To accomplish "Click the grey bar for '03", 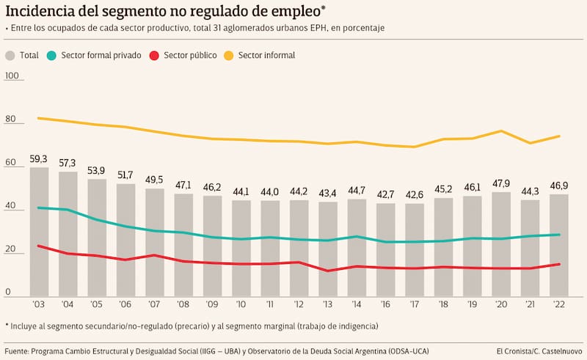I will pyautogui.click(x=39, y=231).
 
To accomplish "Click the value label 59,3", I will pyautogui.click(x=39, y=158).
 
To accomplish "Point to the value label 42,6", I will pyautogui.click(x=415, y=194).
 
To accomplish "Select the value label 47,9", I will pyautogui.click(x=501, y=183).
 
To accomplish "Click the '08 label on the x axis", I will pyautogui.click(x=183, y=303).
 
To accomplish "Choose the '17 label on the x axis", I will pyautogui.click(x=415, y=303).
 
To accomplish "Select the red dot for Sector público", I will pyautogui.click(x=153, y=56).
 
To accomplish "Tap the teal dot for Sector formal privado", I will pyautogui.click(x=51, y=56).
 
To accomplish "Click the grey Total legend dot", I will pyautogui.click(x=10, y=56).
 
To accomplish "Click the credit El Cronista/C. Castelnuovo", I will pyautogui.click(x=539, y=349).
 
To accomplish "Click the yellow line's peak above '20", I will pyautogui.click(x=501, y=131).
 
